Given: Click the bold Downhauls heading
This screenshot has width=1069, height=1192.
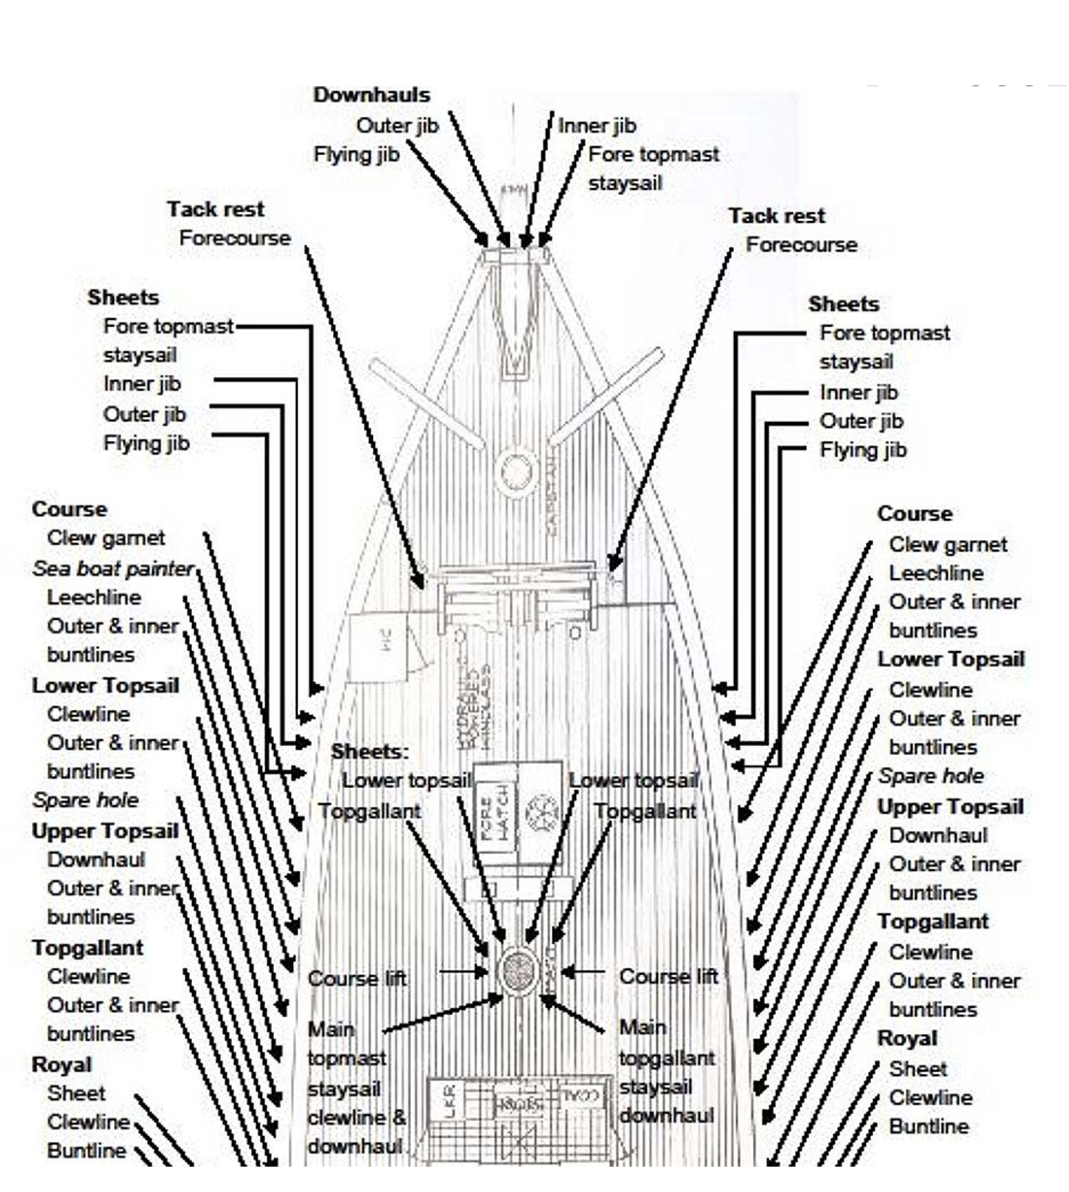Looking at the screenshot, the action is pos(371,95).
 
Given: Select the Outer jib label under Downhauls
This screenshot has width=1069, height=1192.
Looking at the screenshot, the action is pos(397,125).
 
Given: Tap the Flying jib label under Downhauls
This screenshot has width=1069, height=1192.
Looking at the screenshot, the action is pos(356,154).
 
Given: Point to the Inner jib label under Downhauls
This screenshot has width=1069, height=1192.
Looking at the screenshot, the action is pos(597,125).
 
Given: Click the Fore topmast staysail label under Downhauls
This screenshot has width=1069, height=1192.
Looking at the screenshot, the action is pos(653,168).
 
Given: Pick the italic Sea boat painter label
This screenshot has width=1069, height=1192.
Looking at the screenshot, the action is pos(113,568).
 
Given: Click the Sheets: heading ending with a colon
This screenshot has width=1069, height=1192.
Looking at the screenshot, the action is pos(370,751).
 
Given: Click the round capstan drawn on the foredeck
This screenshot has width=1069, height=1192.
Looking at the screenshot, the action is pos(515,471).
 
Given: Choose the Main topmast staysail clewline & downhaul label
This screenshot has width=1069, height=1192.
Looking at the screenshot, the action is pos(355,1088).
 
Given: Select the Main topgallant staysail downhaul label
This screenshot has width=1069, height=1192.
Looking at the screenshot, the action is pos(666,1072).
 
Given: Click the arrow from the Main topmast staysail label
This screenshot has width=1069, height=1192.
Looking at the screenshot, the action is pos(442,1015).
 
